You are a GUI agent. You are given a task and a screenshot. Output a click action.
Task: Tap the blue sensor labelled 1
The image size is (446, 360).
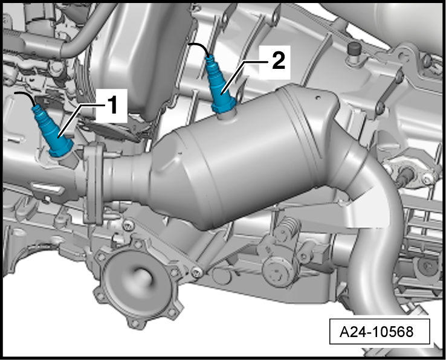click(53, 131)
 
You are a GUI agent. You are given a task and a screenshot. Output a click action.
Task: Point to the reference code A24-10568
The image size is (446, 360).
click(377, 332)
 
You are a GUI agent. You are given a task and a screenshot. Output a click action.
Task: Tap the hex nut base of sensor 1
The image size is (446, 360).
click(62, 149)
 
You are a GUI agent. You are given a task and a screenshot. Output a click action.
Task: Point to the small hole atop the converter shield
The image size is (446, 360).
click(318, 98)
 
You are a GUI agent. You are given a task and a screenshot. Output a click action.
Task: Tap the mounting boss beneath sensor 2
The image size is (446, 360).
click(227, 116)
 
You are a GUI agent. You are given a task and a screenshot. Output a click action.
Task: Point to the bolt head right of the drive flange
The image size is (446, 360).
click(197, 272)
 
